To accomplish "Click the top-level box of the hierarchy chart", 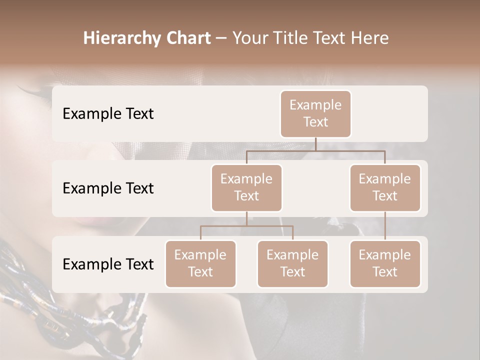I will tap(315, 113).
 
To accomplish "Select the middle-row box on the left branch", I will tap(246, 187).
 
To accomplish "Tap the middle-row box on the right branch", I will tap(385, 187).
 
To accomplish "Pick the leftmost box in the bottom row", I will tap(200, 263).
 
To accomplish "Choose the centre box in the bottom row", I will tap(292, 263).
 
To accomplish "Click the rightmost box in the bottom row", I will tap(385, 263).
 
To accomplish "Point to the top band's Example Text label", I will tap(108, 114).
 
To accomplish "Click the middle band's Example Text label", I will tap(108, 188).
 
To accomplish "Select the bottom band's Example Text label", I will tap(108, 264).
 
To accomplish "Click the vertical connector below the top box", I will tap(315, 144).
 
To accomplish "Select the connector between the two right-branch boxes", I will tap(385, 226).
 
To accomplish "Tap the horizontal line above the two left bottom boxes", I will tap(246, 226).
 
